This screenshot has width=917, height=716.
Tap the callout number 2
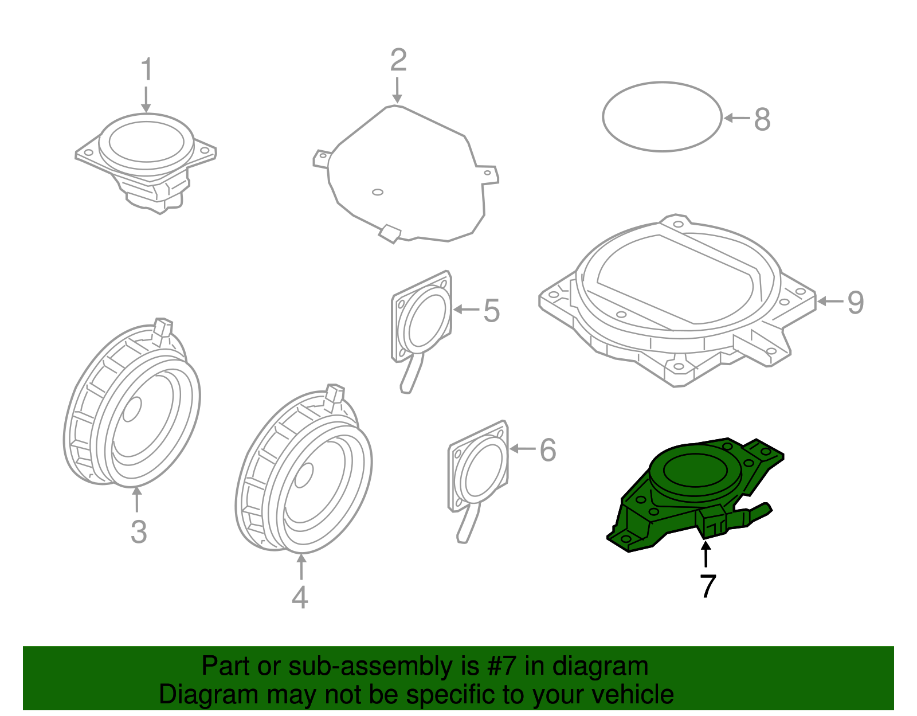pos(398,61)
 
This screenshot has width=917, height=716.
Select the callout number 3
pos(138,531)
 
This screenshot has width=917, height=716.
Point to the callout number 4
pos(300,597)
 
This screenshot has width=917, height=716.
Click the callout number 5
pos(491,311)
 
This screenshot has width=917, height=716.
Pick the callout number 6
pos(548,450)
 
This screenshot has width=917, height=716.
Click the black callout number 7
pos(708,586)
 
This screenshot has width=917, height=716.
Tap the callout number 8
pos(762,120)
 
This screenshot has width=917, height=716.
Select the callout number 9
pos(855,302)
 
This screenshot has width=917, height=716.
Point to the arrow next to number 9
pos(830,301)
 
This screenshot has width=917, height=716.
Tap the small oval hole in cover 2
pos(377,192)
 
